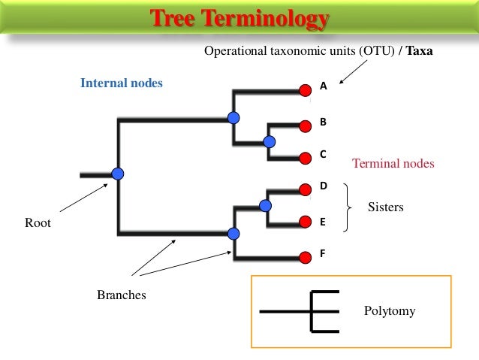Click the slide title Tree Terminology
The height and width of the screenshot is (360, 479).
(239, 18)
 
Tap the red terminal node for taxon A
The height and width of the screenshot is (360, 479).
(305, 90)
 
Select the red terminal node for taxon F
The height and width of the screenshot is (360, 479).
(305, 258)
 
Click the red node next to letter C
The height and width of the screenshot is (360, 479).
(305, 158)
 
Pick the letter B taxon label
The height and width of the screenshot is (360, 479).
(324, 120)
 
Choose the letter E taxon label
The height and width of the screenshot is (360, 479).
(324, 222)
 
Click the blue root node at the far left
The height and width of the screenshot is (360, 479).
(117, 174)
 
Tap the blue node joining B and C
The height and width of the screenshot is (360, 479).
(270, 141)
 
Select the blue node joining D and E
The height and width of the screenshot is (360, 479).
(264, 205)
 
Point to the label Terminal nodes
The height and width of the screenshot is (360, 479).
(393, 163)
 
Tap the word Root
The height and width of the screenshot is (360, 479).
(38, 222)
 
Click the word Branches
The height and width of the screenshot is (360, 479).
(121, 295)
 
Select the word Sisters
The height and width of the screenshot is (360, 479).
(385, 207)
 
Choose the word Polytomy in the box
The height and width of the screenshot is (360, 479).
(389, 310)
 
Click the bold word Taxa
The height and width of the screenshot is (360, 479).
(419, 53)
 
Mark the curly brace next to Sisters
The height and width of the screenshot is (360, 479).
(346, 207)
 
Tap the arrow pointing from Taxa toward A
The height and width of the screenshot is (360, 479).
(353, 72)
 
